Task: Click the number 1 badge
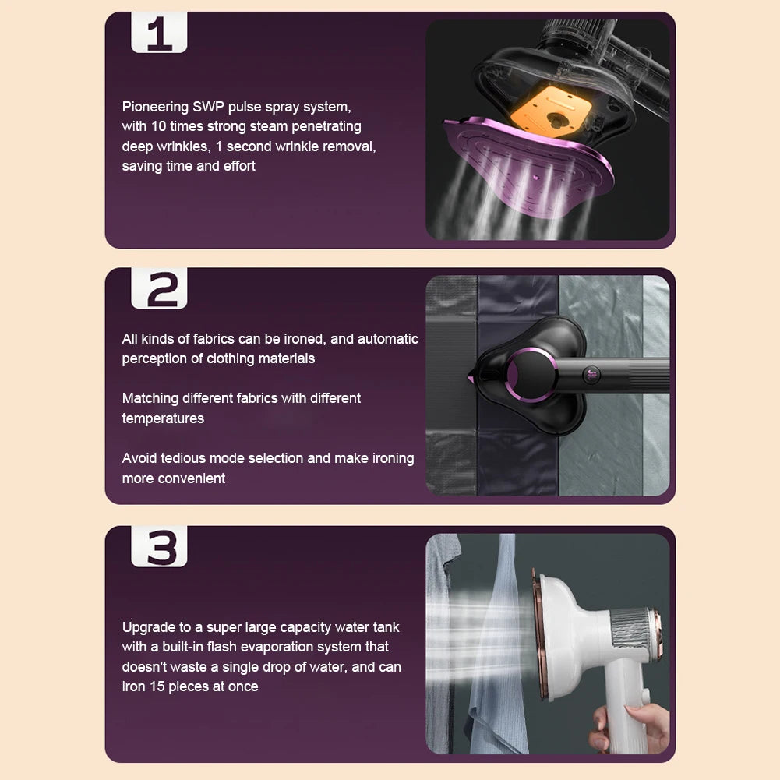coord(159,32)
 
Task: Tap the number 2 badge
coord(159,288)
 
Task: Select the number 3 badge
coord(159,547)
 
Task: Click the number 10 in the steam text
coord(158,126)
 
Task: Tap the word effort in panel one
coord(239,166)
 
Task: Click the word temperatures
coord(163,418)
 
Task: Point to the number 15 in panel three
coord(157,686)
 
